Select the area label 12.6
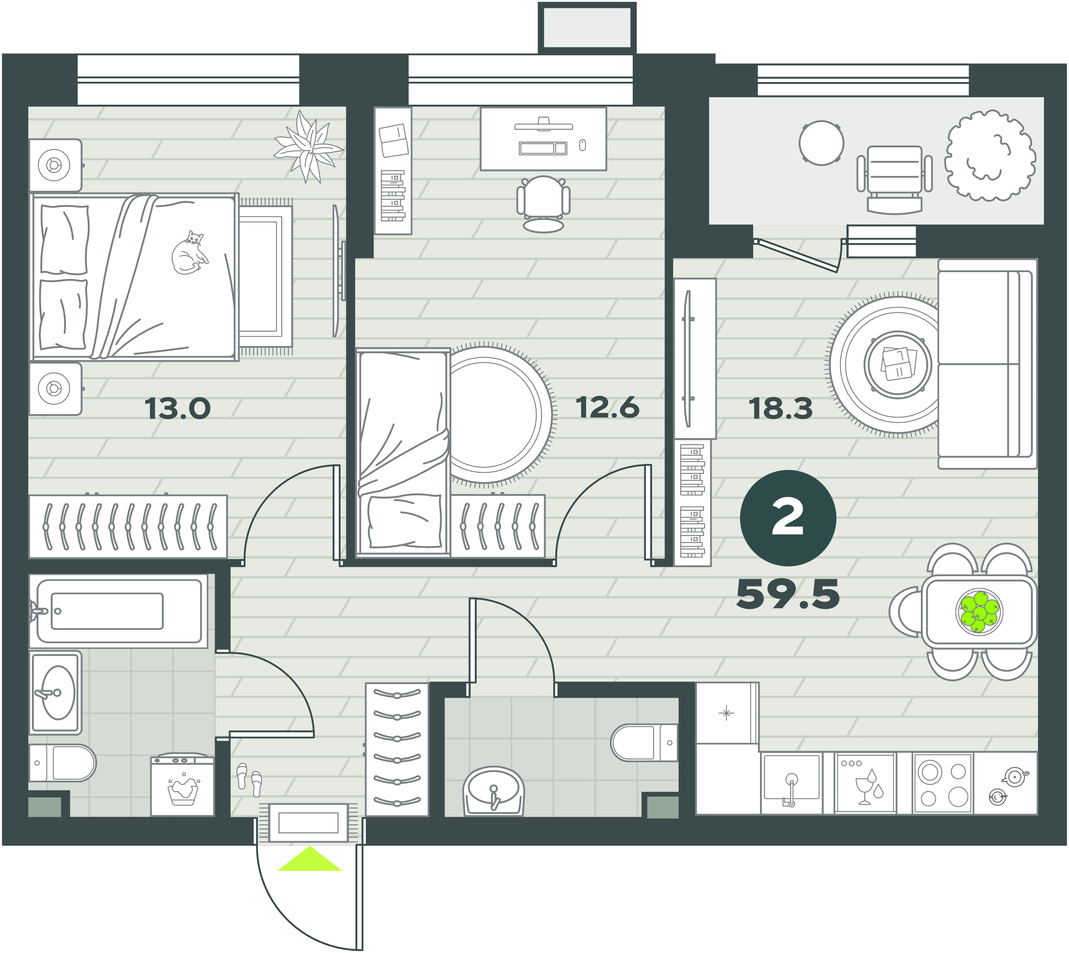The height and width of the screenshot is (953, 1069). point(608,407)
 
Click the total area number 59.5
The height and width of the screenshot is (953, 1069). point(788,594)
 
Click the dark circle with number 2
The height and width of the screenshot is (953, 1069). point(788,518)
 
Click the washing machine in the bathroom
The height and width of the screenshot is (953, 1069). point(182,784)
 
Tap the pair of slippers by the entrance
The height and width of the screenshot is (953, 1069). point(249,779)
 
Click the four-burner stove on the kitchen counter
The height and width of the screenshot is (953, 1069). point(943,784)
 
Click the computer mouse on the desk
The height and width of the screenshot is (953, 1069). point(583,145)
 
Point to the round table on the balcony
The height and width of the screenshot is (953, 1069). point(821,143)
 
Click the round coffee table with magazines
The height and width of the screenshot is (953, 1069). point(898,364)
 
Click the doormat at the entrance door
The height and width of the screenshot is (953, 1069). point(308,822)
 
